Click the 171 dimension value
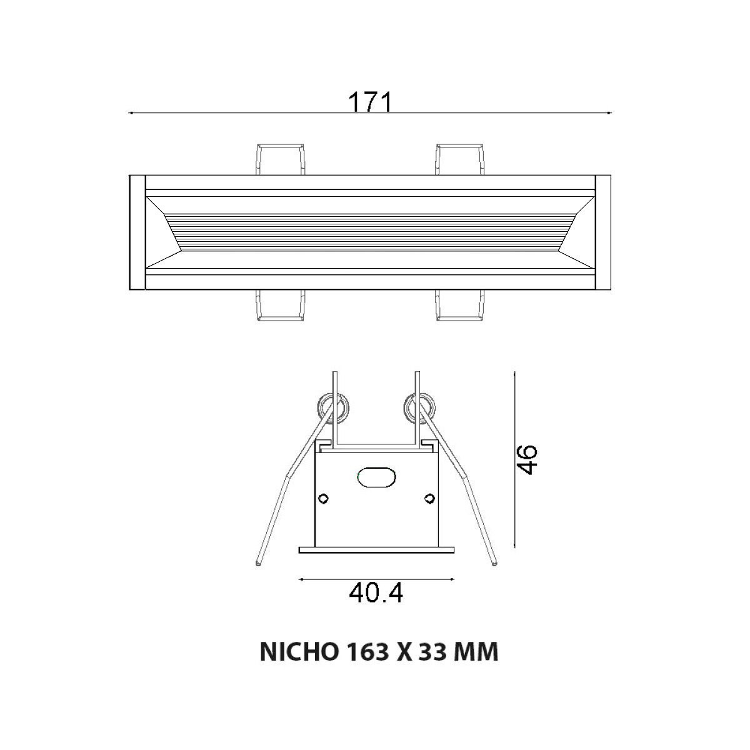point(369,102)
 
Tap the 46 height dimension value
point(527,460)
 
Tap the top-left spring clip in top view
point(281,159)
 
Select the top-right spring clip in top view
point(461,159)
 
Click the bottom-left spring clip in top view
point(281,306)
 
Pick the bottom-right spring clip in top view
point(461,306)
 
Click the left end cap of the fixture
point(136,232)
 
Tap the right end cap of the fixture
point(603,232)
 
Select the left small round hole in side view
point(323,498)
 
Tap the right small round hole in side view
point(429,498)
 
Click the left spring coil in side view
point(332,408)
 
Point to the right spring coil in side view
point(418,408)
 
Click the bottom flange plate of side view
point(376,550)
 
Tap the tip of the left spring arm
point(258,564)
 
